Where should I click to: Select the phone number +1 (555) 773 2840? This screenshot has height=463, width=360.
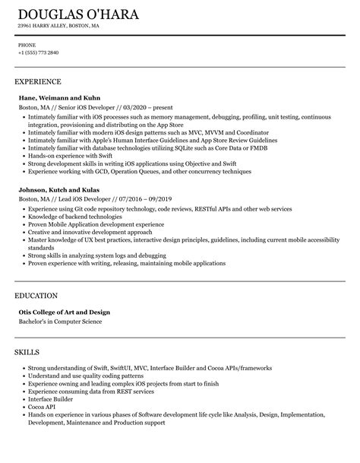pyautogui.click(x=39, y=52)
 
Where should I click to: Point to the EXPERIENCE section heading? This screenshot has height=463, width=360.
pyautogui.click(x=37, y=81)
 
